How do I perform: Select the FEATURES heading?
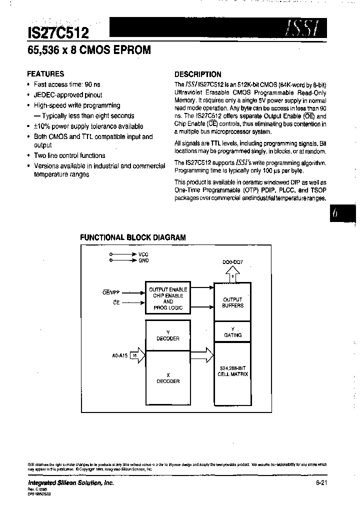[x=45, y=73]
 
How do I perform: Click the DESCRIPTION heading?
[x=197, y=74]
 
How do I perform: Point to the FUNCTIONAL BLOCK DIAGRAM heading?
[x=133, y=238]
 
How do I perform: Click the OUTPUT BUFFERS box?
[x=232, y=302]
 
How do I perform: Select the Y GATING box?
[x=232, y=332]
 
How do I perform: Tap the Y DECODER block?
[x=167, y=335]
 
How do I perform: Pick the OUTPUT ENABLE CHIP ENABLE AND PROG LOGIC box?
[x=168, y=298]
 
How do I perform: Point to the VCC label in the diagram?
[x=143, y=254]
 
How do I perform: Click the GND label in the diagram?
[x=143, y=260]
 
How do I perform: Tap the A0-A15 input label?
[x=120, y=355]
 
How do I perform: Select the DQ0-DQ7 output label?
[x=233, y=262]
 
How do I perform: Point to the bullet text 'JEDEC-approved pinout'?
[x=68, y=95]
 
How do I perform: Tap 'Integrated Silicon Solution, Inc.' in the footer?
[x=70, y=482]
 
